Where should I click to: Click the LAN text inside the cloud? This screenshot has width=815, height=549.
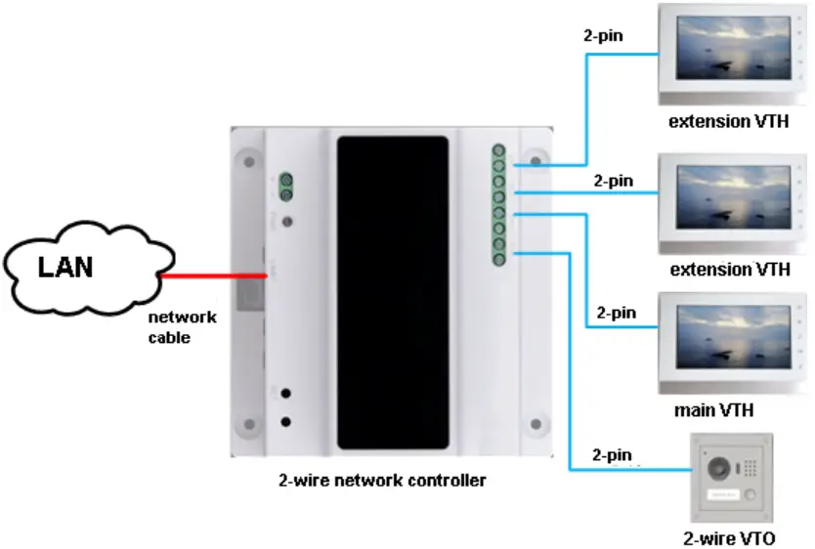tap(65, 266)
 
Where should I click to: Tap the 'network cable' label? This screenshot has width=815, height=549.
tap(182, 326)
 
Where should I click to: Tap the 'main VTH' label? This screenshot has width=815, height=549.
tap(713, 410)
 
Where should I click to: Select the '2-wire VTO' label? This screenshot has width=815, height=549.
tap(733, 537)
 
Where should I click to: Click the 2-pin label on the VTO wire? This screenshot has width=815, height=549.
tap(612, 454)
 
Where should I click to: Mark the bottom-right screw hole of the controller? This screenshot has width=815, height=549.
tap(535, 424)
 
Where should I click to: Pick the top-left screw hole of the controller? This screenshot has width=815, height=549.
tap(249, 158)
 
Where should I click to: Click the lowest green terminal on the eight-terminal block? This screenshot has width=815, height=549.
tap(498, 259)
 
